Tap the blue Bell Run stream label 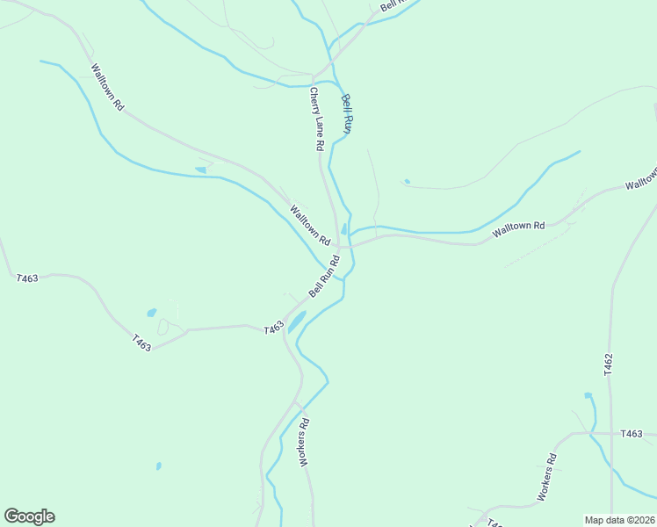(347, 113)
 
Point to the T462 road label (608, 365)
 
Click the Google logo (29, 516)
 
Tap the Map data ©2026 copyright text (619, 520)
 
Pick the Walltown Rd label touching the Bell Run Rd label (310, 225)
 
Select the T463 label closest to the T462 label (632, 434)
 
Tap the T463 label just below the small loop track (141, 343)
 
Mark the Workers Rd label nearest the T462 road (546, 477)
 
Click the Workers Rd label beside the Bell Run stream (305, 441)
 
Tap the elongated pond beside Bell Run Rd (297, 321)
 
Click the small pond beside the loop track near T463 (152, 312)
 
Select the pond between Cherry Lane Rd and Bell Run (344, 229)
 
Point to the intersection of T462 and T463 (611, 434)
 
